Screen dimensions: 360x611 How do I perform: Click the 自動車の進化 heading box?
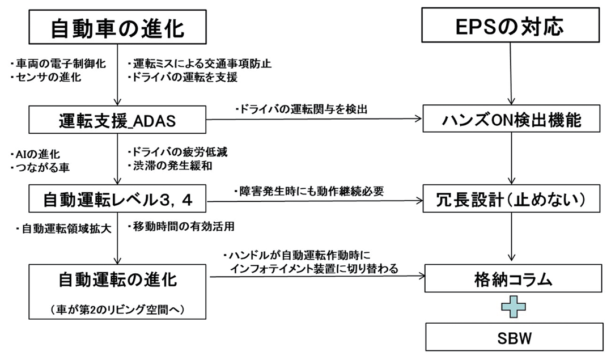pos(116,29)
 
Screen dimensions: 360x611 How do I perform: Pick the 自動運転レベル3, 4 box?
pos(116,200)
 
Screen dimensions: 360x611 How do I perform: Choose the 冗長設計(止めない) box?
pos(512,200)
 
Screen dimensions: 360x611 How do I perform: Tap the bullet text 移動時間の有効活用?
pos(181,226)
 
